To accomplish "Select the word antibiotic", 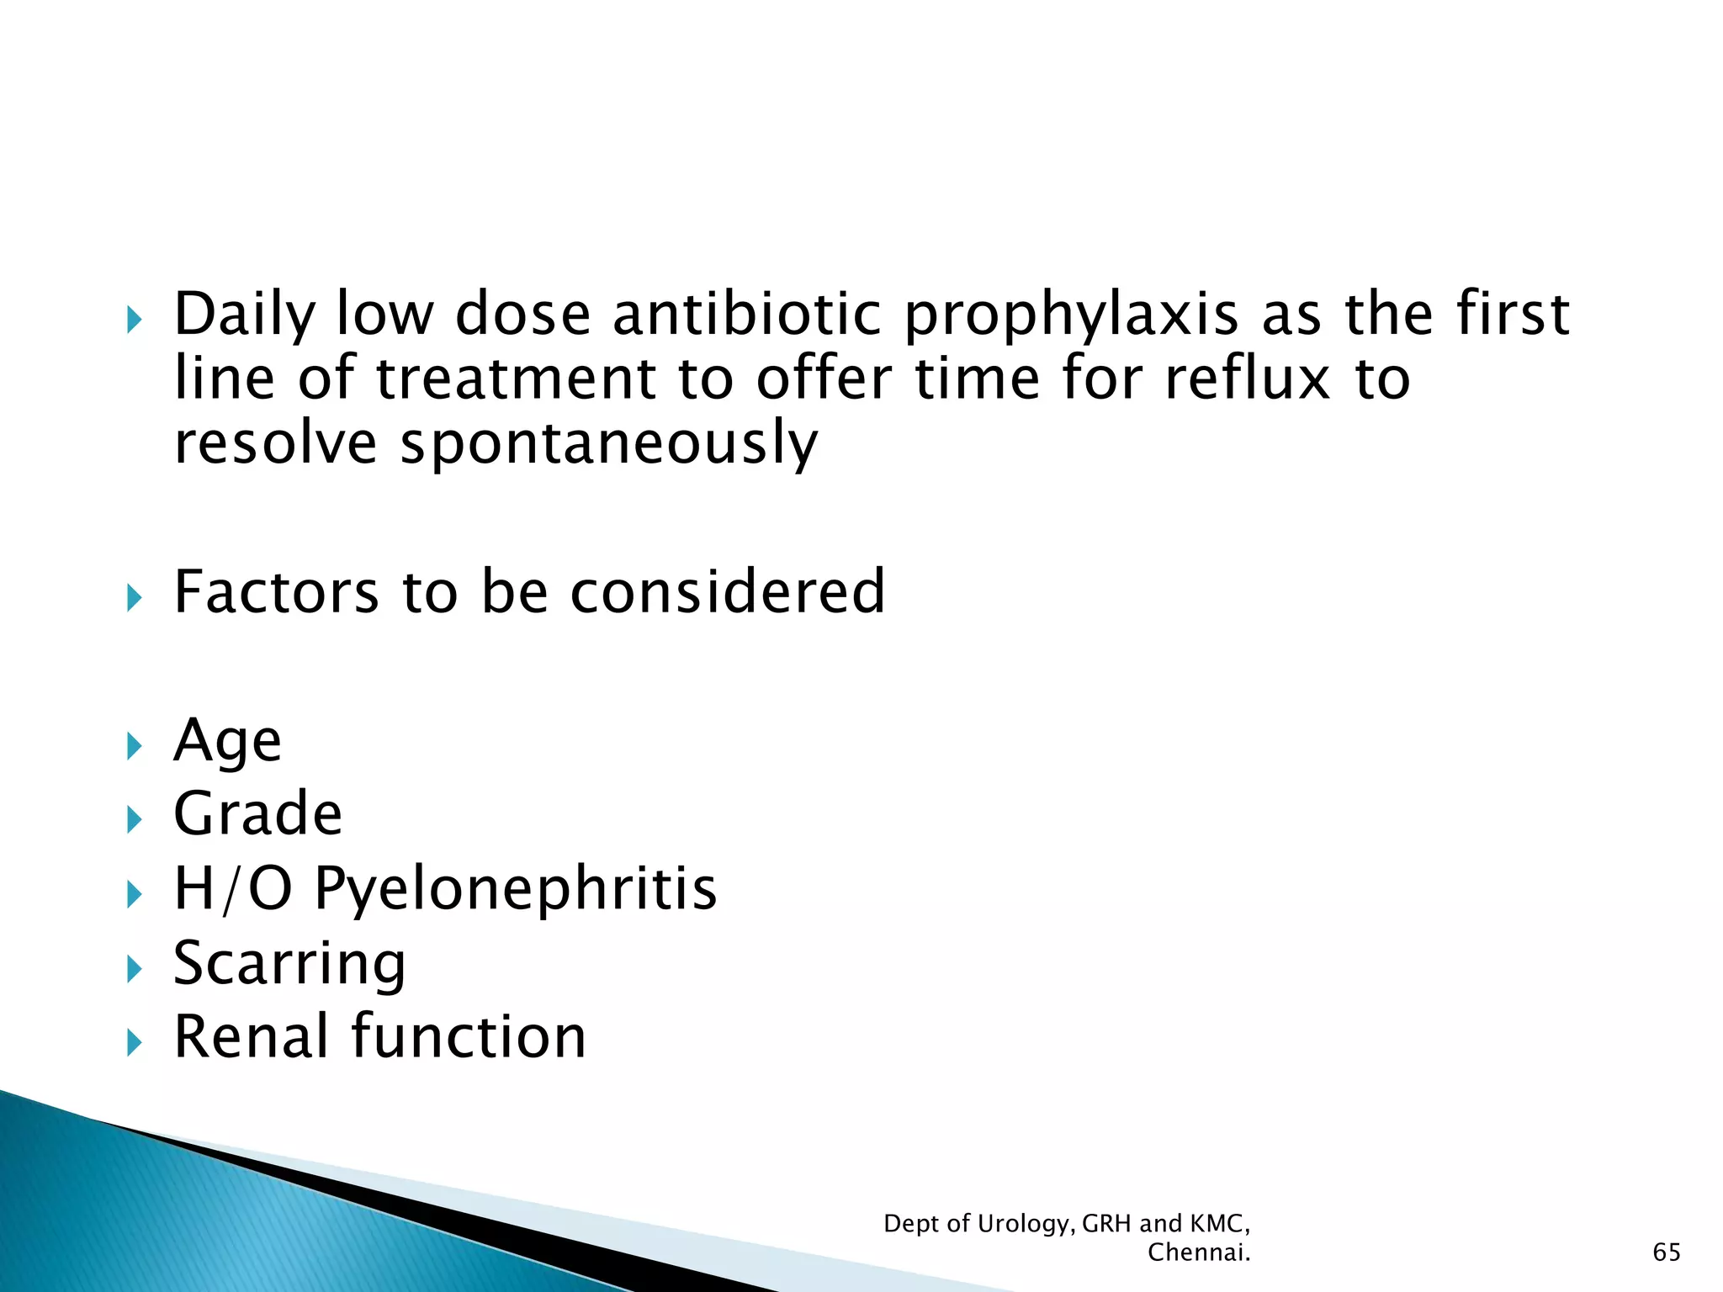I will pyautogui.click(x=746, y=315).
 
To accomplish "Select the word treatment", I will pyautogui.click(x=515, y=379).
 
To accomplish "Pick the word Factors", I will pyautogui.click(x=277, y=592).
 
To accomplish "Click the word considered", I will pyautogui.click(x=728, y=592).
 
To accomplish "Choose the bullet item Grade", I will pyautogui.click(x=257, y=814).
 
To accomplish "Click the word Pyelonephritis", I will pyautogui.click(x=516, y=890).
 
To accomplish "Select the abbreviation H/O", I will pyautogui.click(x=233, y=889).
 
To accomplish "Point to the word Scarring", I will pyautogui.click(x=289, y=964).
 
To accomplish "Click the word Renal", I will pyautogui.click(x=250, y=1036).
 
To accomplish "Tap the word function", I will pyautogui.click(x=469, y=1036).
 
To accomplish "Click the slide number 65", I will pyautogui.click(x=1667, y=1252).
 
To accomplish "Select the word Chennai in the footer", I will pyautogui.click(x=1198, y=1252).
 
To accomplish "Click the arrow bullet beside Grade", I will pyautogui.click(x=135, y=819).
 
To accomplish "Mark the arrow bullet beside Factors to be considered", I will pyautogui.click(x=135, y=598).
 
